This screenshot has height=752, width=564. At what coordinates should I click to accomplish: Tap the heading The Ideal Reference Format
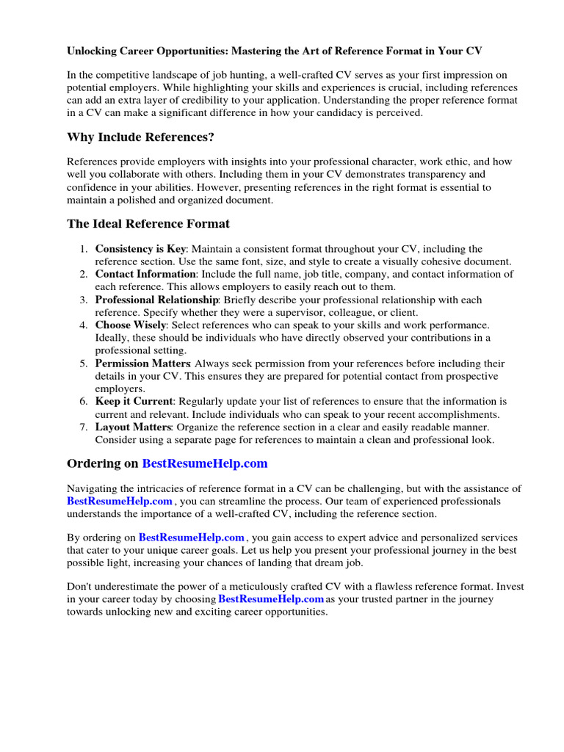tap(148, 223)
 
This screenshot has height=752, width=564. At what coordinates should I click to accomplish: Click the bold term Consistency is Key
tap(140, 249)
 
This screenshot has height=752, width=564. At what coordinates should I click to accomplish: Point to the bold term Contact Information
tap(145, 274)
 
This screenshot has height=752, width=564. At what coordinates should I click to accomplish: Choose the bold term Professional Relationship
tap(156, 300)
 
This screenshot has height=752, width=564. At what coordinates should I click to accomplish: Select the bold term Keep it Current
tap(134, 402)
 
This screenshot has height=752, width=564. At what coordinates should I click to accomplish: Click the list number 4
tap(84, 325)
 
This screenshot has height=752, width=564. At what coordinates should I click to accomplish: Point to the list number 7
tap(84, 427)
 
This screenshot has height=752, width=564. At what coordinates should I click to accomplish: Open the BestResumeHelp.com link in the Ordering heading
tap(205, 463)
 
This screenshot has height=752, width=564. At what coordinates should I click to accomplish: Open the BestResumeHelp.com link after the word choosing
tap(272, 599)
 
